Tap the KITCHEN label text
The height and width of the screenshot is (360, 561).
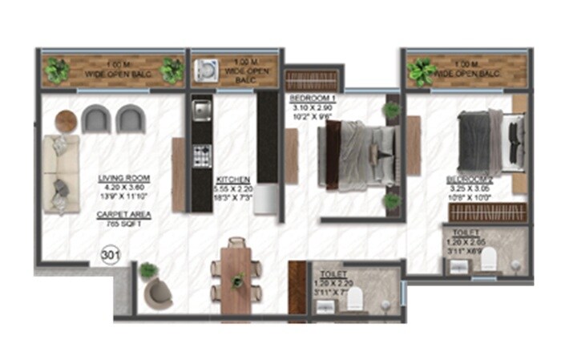pyautogui.click(x=233, y=180)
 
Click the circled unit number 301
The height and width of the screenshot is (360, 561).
pyautogui.click(x=111, y=256)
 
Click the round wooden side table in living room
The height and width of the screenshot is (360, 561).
pyautogui.click(x=66, y=121)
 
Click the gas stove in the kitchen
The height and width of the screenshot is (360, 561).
pyautogui.click(x=200, y=156)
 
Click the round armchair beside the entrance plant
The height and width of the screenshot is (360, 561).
pyautogui.click(x=158, y=293)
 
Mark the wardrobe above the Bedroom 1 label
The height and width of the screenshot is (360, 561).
pyautogui.click(x=313, y=79)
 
